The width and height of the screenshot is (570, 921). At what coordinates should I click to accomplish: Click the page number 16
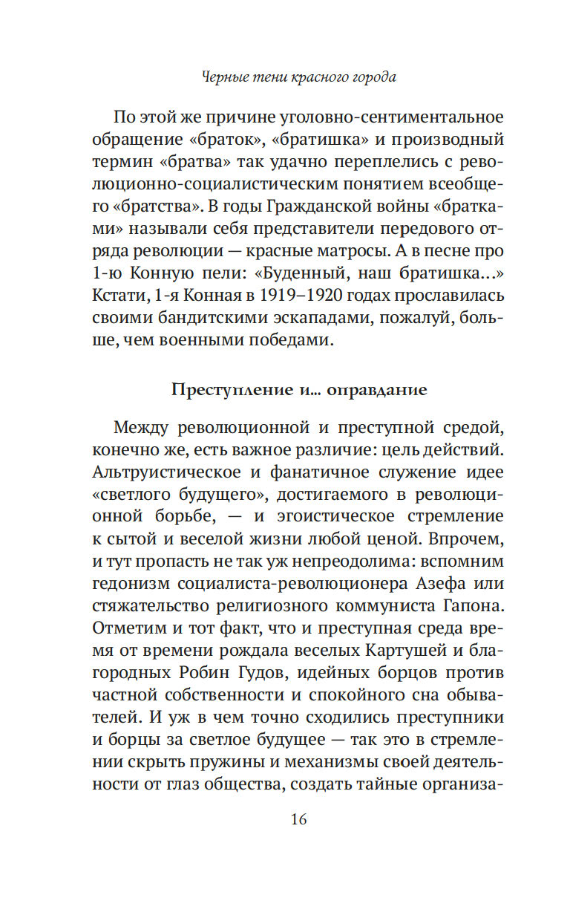tap(298, 820)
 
